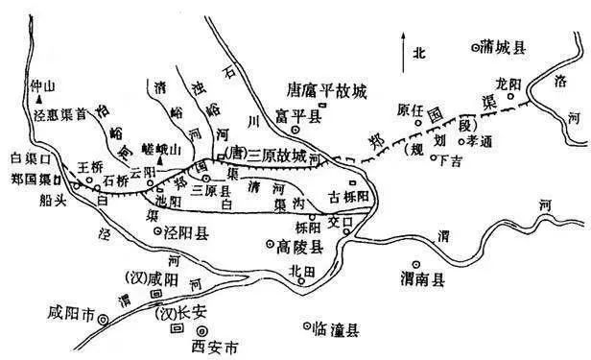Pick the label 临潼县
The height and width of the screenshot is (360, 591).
(336, 329)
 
